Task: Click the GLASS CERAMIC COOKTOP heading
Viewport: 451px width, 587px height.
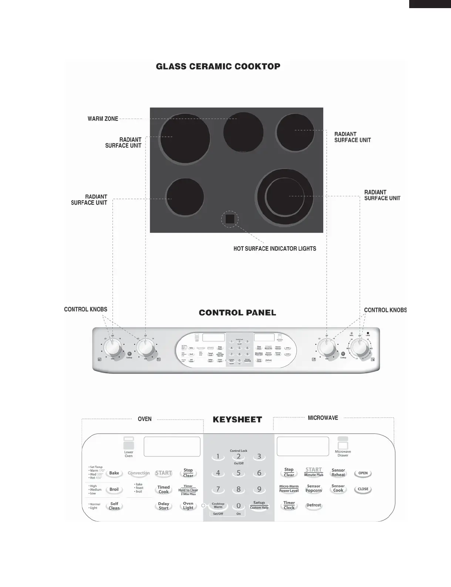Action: coord(218,67)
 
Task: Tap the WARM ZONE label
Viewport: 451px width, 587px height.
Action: coord(103,119)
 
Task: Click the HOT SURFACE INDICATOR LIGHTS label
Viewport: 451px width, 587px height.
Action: coord(275,249)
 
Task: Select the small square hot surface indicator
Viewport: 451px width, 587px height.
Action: coord(230,219)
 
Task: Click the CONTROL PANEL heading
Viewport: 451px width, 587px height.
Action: coord(238,313)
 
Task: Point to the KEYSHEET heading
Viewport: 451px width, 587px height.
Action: coord(237,420)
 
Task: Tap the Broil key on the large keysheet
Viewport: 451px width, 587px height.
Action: coord(114,489)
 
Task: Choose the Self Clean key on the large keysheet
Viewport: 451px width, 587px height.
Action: coord(114,506)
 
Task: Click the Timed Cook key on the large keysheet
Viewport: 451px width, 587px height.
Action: coord(164,489)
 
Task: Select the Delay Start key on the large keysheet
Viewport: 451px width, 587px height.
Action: coord(164,506)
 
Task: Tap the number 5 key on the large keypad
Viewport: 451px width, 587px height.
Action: coord(239,473)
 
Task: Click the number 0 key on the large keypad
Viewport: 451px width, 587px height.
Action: coord(239,506)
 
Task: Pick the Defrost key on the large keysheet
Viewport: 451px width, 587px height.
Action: coord(314,505)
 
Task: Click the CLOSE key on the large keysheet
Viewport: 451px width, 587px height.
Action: coord(363,489)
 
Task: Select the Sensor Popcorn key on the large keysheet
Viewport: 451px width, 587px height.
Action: coord(314,489)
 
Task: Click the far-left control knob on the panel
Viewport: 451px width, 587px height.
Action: coord(112,348)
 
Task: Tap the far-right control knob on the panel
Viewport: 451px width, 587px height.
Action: coord(359,347)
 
